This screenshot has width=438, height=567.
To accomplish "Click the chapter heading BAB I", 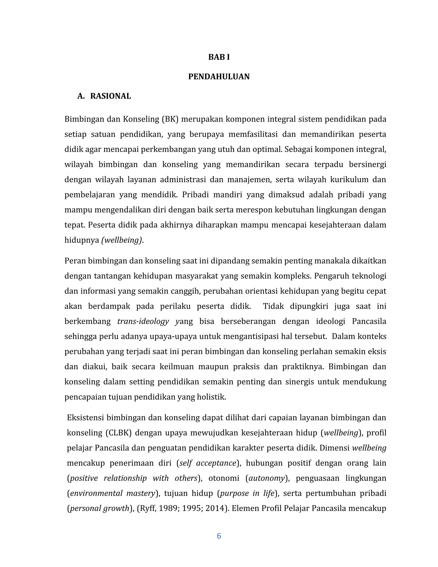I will point(219,57).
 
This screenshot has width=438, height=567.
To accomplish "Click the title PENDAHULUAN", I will point(219,77).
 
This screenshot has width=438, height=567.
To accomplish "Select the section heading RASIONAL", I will point(110,96).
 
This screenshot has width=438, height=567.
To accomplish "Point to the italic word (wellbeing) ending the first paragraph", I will point(122,240).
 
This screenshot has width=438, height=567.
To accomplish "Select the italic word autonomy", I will point(267,478).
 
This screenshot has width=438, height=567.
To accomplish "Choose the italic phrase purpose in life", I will point(247,493).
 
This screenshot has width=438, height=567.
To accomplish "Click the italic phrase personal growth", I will point(100,508).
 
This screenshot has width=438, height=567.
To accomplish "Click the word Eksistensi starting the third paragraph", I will point(86,418).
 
